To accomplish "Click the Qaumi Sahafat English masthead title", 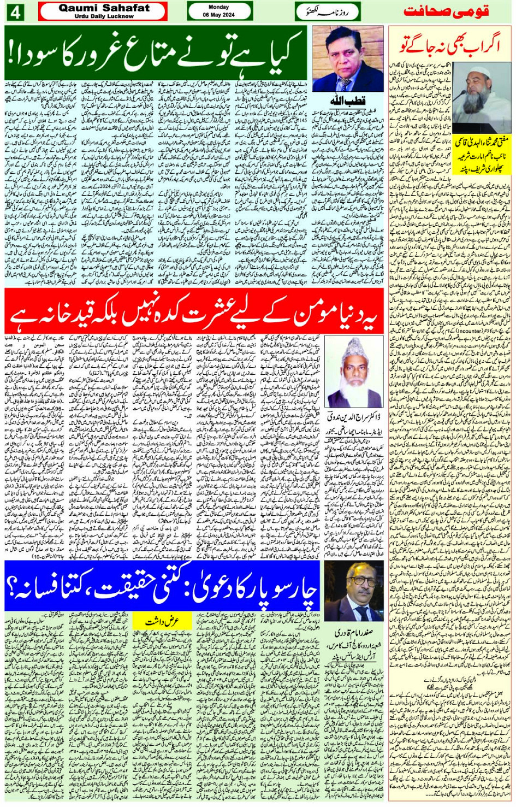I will [x=104, y=8].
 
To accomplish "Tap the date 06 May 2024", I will [x=219, y=15].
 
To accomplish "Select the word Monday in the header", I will [x=219, y=7].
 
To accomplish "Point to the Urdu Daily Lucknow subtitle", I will [x=104, y=16].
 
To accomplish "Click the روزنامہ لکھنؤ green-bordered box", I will [x=328, y=11].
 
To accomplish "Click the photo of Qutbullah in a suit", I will [x=348, y=60].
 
